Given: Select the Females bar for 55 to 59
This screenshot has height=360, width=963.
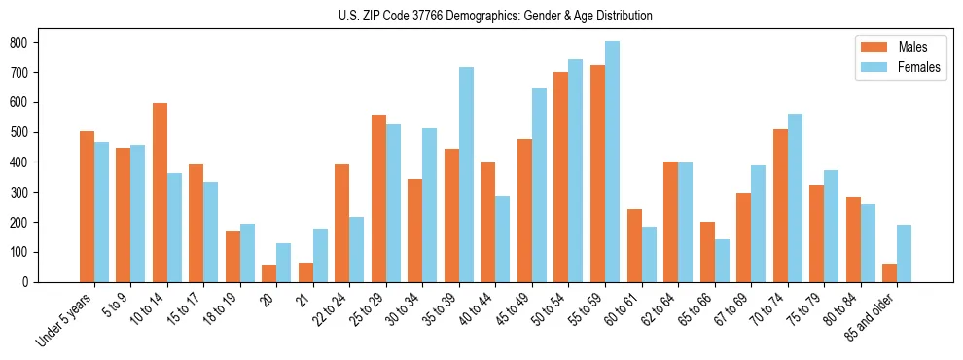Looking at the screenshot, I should pyautogui.click(x=612, y=162).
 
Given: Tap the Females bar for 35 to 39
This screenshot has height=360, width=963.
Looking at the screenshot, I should pyautogui.click(x=466, y=175).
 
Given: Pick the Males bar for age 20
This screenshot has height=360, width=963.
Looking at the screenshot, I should pyautogui.click(x=269, y=273).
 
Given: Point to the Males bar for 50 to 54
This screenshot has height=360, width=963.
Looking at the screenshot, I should pyautogui.click(x=561, y=177).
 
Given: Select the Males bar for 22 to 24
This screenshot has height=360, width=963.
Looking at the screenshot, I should pyautogui.click(x=342, y=223).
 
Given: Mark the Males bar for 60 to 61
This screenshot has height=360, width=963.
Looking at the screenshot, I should pyautogui.click(x=634, y=245).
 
